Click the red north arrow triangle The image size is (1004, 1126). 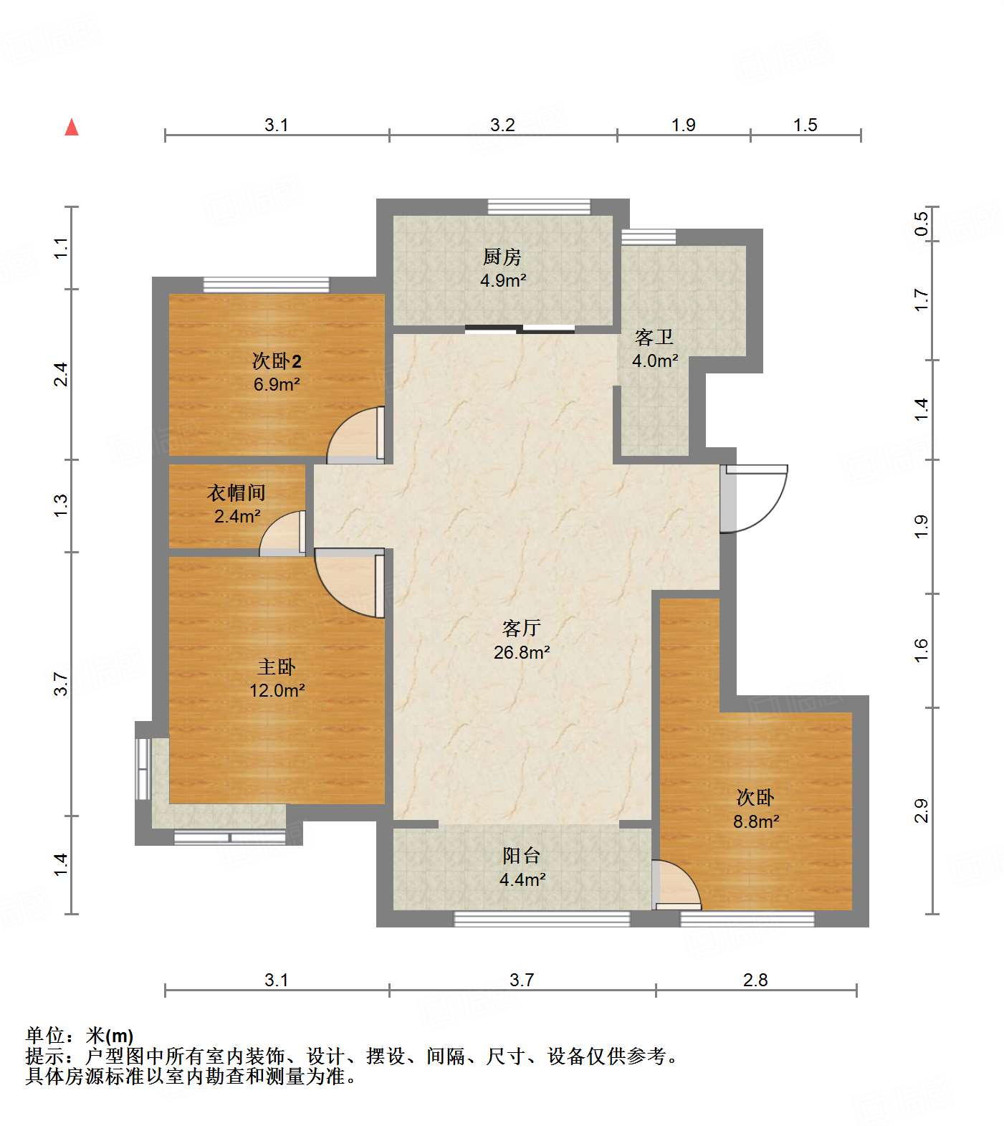click(x=72, y=128)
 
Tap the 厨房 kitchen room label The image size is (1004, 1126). click(x=502, y=257)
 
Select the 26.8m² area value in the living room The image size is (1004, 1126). click(x=522, y=652)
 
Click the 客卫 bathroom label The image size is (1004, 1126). click(x=654, y=337)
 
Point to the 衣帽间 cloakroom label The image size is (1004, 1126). click(x=236, y=492)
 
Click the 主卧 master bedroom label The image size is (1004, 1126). click(x=277, y=667)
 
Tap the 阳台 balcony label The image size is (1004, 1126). click(x=521, y=855)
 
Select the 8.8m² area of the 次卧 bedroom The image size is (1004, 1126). click(x=756, y=821)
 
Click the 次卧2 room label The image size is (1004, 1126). click(x=277, y=361)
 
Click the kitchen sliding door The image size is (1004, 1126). click(x=520, y=330)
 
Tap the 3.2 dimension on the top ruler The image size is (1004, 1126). click(x=502, y=125)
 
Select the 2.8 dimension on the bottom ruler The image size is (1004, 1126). click(x=755, y=980)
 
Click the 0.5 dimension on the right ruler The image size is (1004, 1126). click(x=922, y=223)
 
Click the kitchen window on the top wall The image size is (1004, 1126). click(x=539, y=207)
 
